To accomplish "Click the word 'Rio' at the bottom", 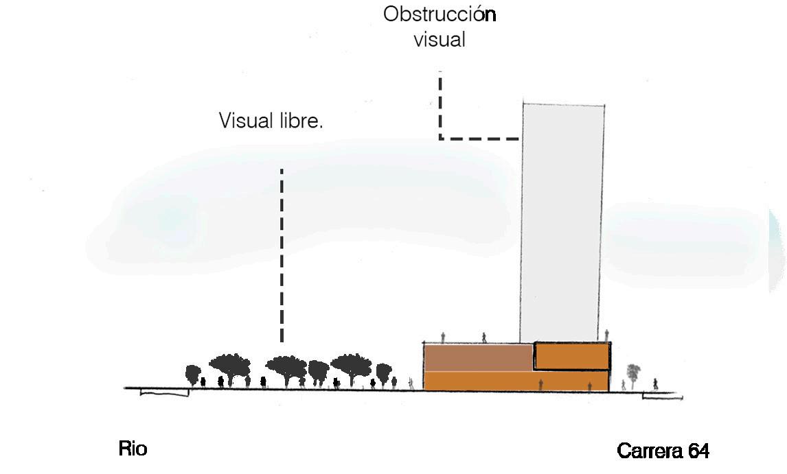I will [x=133, y=450].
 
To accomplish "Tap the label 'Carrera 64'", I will [x=663, y=451].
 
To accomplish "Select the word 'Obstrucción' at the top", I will [x=440, y=14].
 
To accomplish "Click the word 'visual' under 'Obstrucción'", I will [x=440, y=39].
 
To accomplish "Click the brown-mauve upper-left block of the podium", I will [x=478, y=357].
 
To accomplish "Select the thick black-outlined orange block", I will [x=572, y=356].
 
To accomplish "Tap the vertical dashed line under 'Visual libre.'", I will [x=282, y=254].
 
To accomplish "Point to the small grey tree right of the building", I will [x=632, y=375].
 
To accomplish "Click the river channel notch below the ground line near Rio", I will [x=164, y=392].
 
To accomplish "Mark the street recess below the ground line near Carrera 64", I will [x=662, y=396].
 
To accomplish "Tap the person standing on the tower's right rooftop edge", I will [x=607, y=334].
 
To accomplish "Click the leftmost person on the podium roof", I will [x=444, y=337].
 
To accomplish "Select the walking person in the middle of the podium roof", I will [x=484, y=337].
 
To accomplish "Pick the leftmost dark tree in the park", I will [x=194, y=374].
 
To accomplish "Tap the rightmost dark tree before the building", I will [x=384, y=372].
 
